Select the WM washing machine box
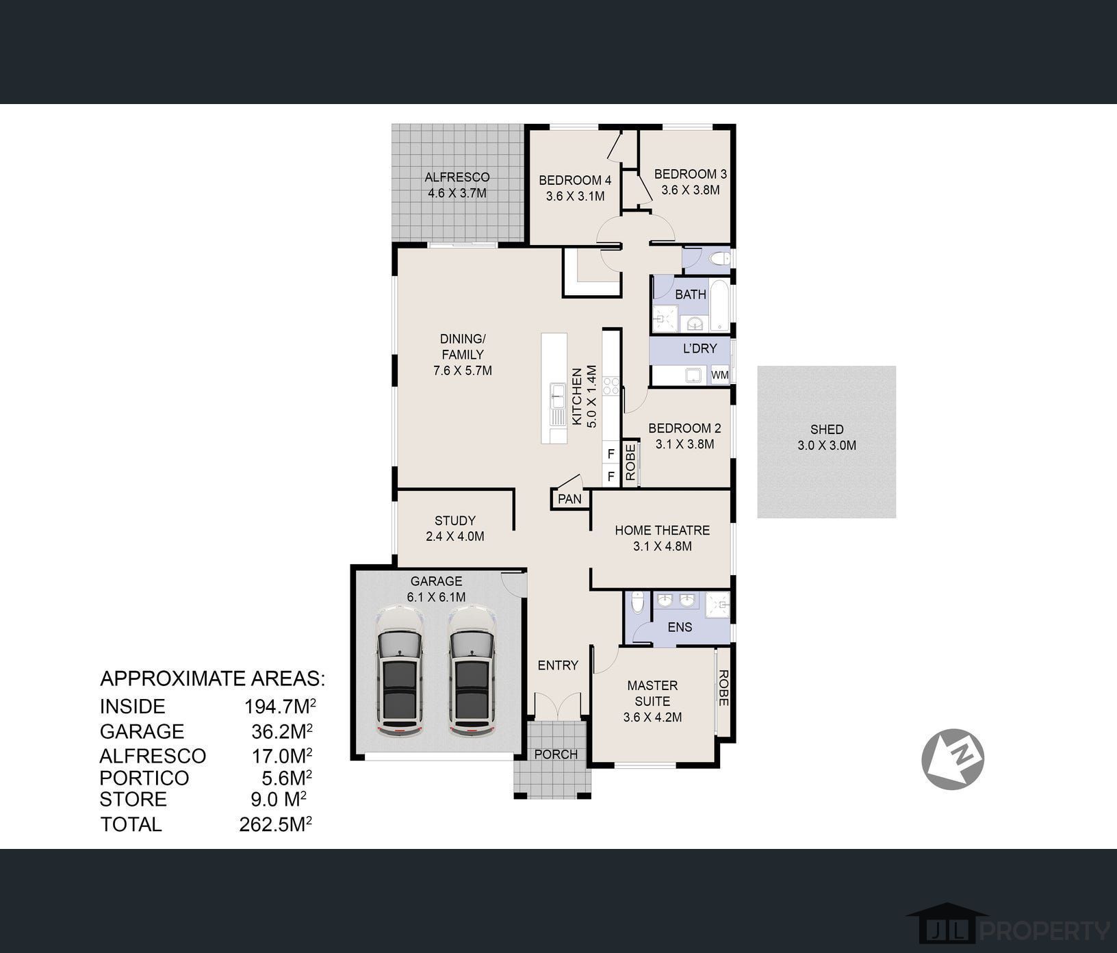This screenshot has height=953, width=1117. click(720, 375)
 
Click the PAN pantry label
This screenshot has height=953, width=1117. click(569, 498)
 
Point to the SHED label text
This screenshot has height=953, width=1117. click(827, 429)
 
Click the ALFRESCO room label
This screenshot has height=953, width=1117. click(457, 177)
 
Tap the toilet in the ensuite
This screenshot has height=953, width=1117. click(637, 602)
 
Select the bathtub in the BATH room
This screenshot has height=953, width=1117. click(720, 305)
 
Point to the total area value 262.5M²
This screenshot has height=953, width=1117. click(276, 824)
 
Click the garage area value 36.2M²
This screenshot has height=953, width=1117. click(282, 731)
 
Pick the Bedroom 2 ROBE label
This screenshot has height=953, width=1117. click(630, 462)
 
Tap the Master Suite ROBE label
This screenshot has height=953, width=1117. click(723, 687)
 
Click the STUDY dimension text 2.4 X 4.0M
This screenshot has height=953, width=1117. click(455, 536)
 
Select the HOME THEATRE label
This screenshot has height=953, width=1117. click(663, 530)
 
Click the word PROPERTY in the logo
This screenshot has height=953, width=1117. click(1046, 931)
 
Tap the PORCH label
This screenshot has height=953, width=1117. click(556, 754)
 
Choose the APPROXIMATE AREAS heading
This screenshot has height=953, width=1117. click(213, 678)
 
